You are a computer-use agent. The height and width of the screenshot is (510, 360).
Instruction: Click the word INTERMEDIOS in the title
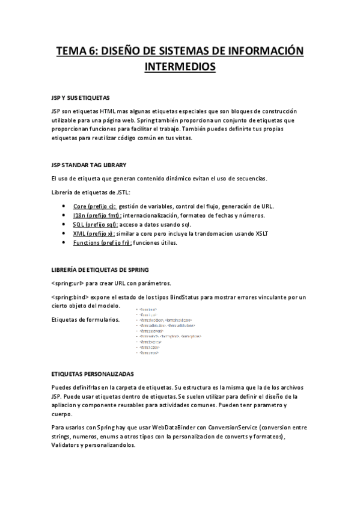(180, 67)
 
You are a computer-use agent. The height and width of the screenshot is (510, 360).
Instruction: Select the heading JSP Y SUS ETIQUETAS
(80, 97)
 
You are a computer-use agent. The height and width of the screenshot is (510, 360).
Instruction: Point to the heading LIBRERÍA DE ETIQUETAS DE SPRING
(100, 269)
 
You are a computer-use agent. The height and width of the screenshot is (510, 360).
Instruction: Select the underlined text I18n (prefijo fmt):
(97, 215)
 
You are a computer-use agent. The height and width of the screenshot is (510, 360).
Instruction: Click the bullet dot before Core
(64, 206)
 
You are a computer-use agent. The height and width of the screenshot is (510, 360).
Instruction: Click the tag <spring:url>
(67, 283)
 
